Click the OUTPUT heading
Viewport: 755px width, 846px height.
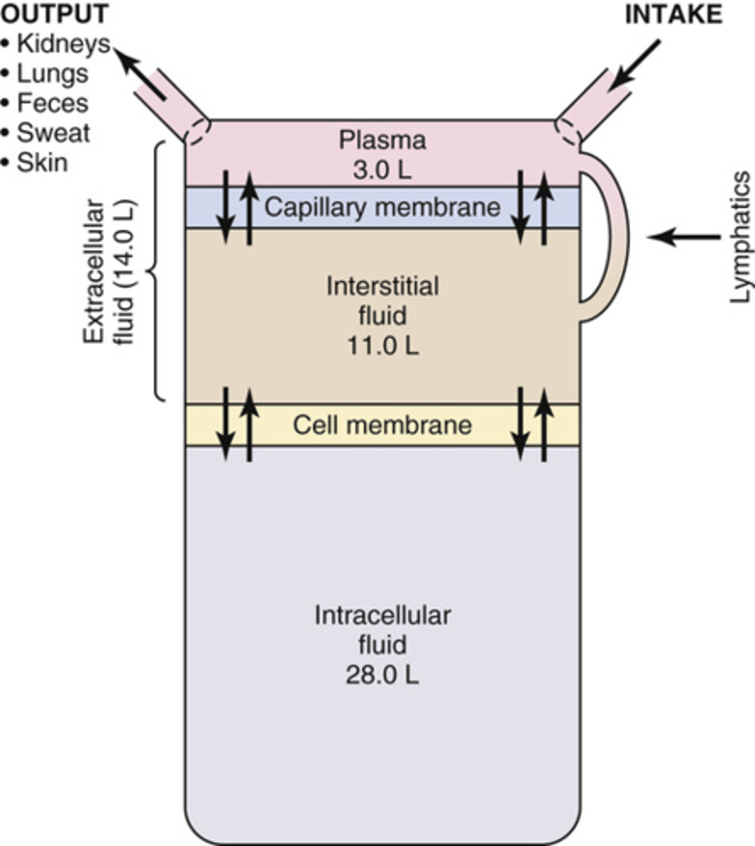coord(54,13)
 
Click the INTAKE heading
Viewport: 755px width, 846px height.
coord(673,15)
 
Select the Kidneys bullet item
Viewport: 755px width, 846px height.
coord(63,44)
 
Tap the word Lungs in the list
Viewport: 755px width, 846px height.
coord(53,73)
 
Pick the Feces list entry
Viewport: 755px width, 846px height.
coord(53,103)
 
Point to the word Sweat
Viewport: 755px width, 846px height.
coord(54,133)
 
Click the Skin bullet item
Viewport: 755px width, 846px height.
coord(43,162)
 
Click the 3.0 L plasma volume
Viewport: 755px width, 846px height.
coord(382,170)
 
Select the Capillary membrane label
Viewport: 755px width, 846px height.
coord(382,207)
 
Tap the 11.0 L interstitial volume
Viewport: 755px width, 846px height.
coord(382,345)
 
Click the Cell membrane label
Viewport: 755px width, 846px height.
coord(382,425)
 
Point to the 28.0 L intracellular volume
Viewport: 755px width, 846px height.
coord(382,675)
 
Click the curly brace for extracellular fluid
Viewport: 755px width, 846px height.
coord(157,271)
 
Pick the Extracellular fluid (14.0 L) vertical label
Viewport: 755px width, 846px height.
coord(109,273)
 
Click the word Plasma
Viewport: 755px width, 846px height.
coord(382,140)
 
